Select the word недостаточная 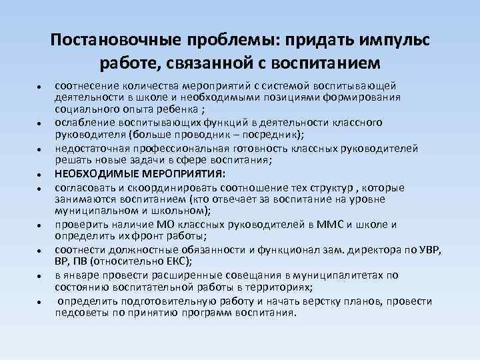click(88, 148)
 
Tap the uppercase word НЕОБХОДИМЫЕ click(90, 173)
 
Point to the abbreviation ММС click(319, 224)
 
